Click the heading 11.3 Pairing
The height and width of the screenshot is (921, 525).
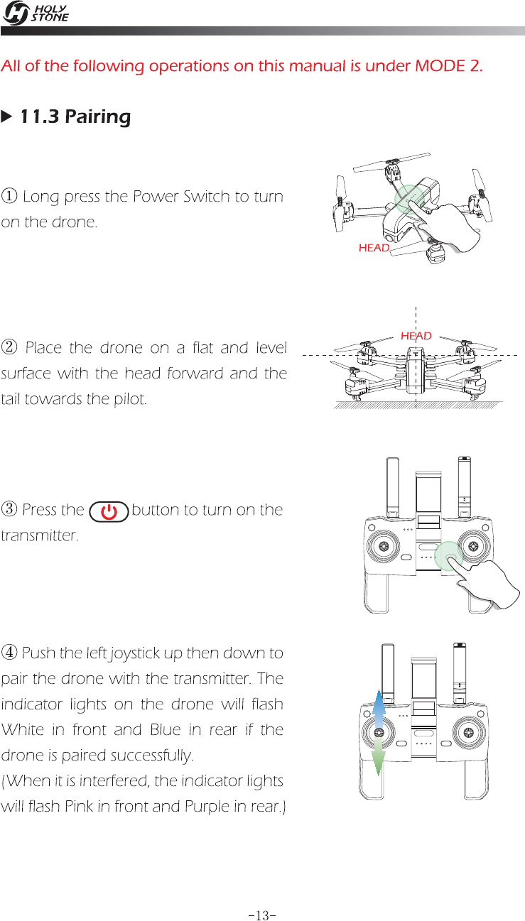75,116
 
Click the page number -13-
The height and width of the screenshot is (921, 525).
262,895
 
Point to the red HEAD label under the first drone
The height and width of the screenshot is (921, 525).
374,248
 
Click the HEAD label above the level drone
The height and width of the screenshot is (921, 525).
416,335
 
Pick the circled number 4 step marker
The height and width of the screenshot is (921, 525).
10,653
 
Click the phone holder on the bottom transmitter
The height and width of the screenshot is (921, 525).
425,667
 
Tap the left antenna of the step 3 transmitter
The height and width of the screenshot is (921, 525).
391,490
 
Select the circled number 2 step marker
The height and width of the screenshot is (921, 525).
10,349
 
